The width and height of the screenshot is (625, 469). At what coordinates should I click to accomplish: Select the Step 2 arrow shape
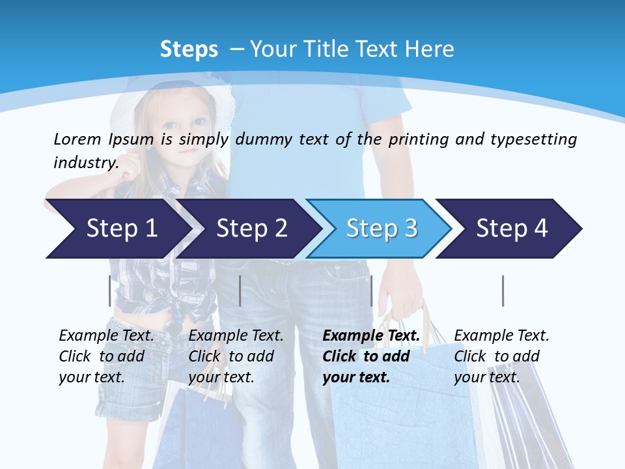(251, 229)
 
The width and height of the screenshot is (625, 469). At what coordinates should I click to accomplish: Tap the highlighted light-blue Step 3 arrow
(381, 229)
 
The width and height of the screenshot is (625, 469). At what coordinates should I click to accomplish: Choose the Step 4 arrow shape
(511, 229)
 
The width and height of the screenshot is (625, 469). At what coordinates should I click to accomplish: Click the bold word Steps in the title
(189, 49)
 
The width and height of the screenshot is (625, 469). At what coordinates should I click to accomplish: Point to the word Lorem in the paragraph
(77, 139)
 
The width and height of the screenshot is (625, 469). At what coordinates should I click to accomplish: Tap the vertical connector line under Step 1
(109, 291)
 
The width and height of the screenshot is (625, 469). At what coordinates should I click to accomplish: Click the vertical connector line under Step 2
(240, 291)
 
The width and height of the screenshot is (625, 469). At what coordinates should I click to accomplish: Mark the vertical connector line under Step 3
(371, 291)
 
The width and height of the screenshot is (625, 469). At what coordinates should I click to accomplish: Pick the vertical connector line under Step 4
(503, 291)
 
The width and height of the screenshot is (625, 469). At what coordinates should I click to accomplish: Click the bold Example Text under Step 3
(371, 336)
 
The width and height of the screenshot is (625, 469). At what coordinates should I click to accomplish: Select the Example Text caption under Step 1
(106, 336)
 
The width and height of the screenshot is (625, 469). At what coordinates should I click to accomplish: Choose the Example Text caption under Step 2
(236, 336)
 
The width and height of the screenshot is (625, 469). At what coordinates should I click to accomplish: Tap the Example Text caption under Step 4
(501, 336)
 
